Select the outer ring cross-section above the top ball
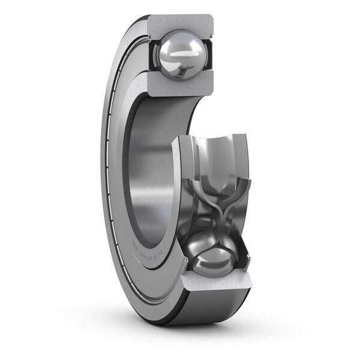point(180,23)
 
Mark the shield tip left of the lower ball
point(185,262)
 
